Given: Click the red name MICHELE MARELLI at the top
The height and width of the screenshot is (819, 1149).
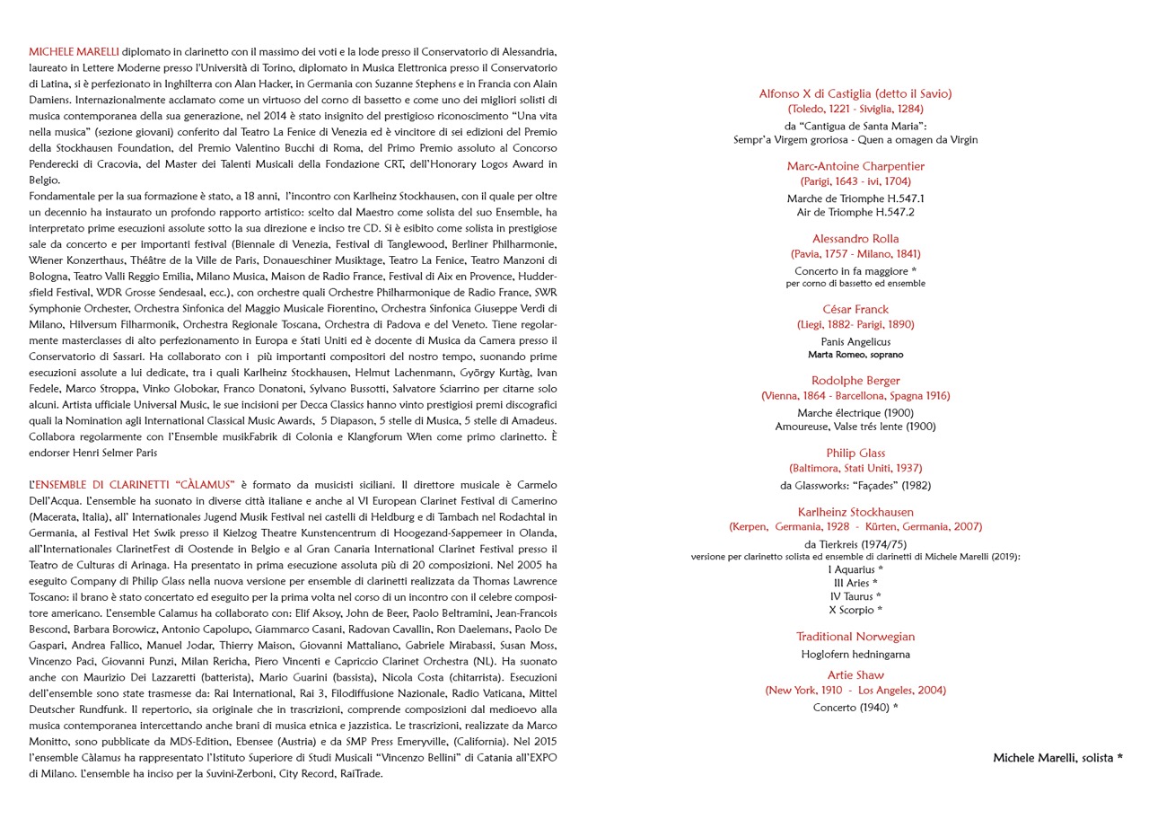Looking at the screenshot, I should tap(74, 52).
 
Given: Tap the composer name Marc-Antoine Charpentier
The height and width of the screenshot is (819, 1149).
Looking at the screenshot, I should tap(855, 166).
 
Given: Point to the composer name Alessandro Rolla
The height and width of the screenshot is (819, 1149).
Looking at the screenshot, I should tap(855, 239).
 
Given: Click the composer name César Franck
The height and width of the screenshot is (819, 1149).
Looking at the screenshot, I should tap(855, 310).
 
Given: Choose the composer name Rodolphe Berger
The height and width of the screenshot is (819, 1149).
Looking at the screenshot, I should tap(855, 381).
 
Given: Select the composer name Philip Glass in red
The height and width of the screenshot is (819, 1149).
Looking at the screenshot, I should tap(855, 454).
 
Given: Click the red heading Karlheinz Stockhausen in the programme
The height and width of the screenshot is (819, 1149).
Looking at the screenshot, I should tap(855, 513).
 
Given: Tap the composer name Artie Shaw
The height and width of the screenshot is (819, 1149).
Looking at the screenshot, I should tap(855, 675).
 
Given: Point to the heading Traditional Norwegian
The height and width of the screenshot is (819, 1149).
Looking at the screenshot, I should tap(855, 637).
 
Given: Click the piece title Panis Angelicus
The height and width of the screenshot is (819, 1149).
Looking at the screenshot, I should tap(855, 342).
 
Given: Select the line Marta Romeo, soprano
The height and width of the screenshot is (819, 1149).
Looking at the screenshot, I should tap(855, 355).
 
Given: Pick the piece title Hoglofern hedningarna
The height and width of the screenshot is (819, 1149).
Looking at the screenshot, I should tap(855, 655).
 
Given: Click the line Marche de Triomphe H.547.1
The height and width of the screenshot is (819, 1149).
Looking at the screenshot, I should tap(855, 198).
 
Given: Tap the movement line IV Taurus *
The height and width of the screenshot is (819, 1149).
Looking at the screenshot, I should tap(855, 596).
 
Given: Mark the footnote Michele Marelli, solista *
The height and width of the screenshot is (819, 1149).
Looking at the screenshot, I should tap(1057, 758).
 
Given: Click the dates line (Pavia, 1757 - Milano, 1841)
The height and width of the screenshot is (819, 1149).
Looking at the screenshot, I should tap(855, 254).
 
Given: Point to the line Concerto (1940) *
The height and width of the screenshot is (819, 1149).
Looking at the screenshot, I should tap(855, 708).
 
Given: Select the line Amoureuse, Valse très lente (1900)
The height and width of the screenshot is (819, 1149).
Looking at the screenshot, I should tap(855, 427).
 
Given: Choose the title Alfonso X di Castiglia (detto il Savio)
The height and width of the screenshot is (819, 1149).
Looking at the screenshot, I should tap(855, 93).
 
